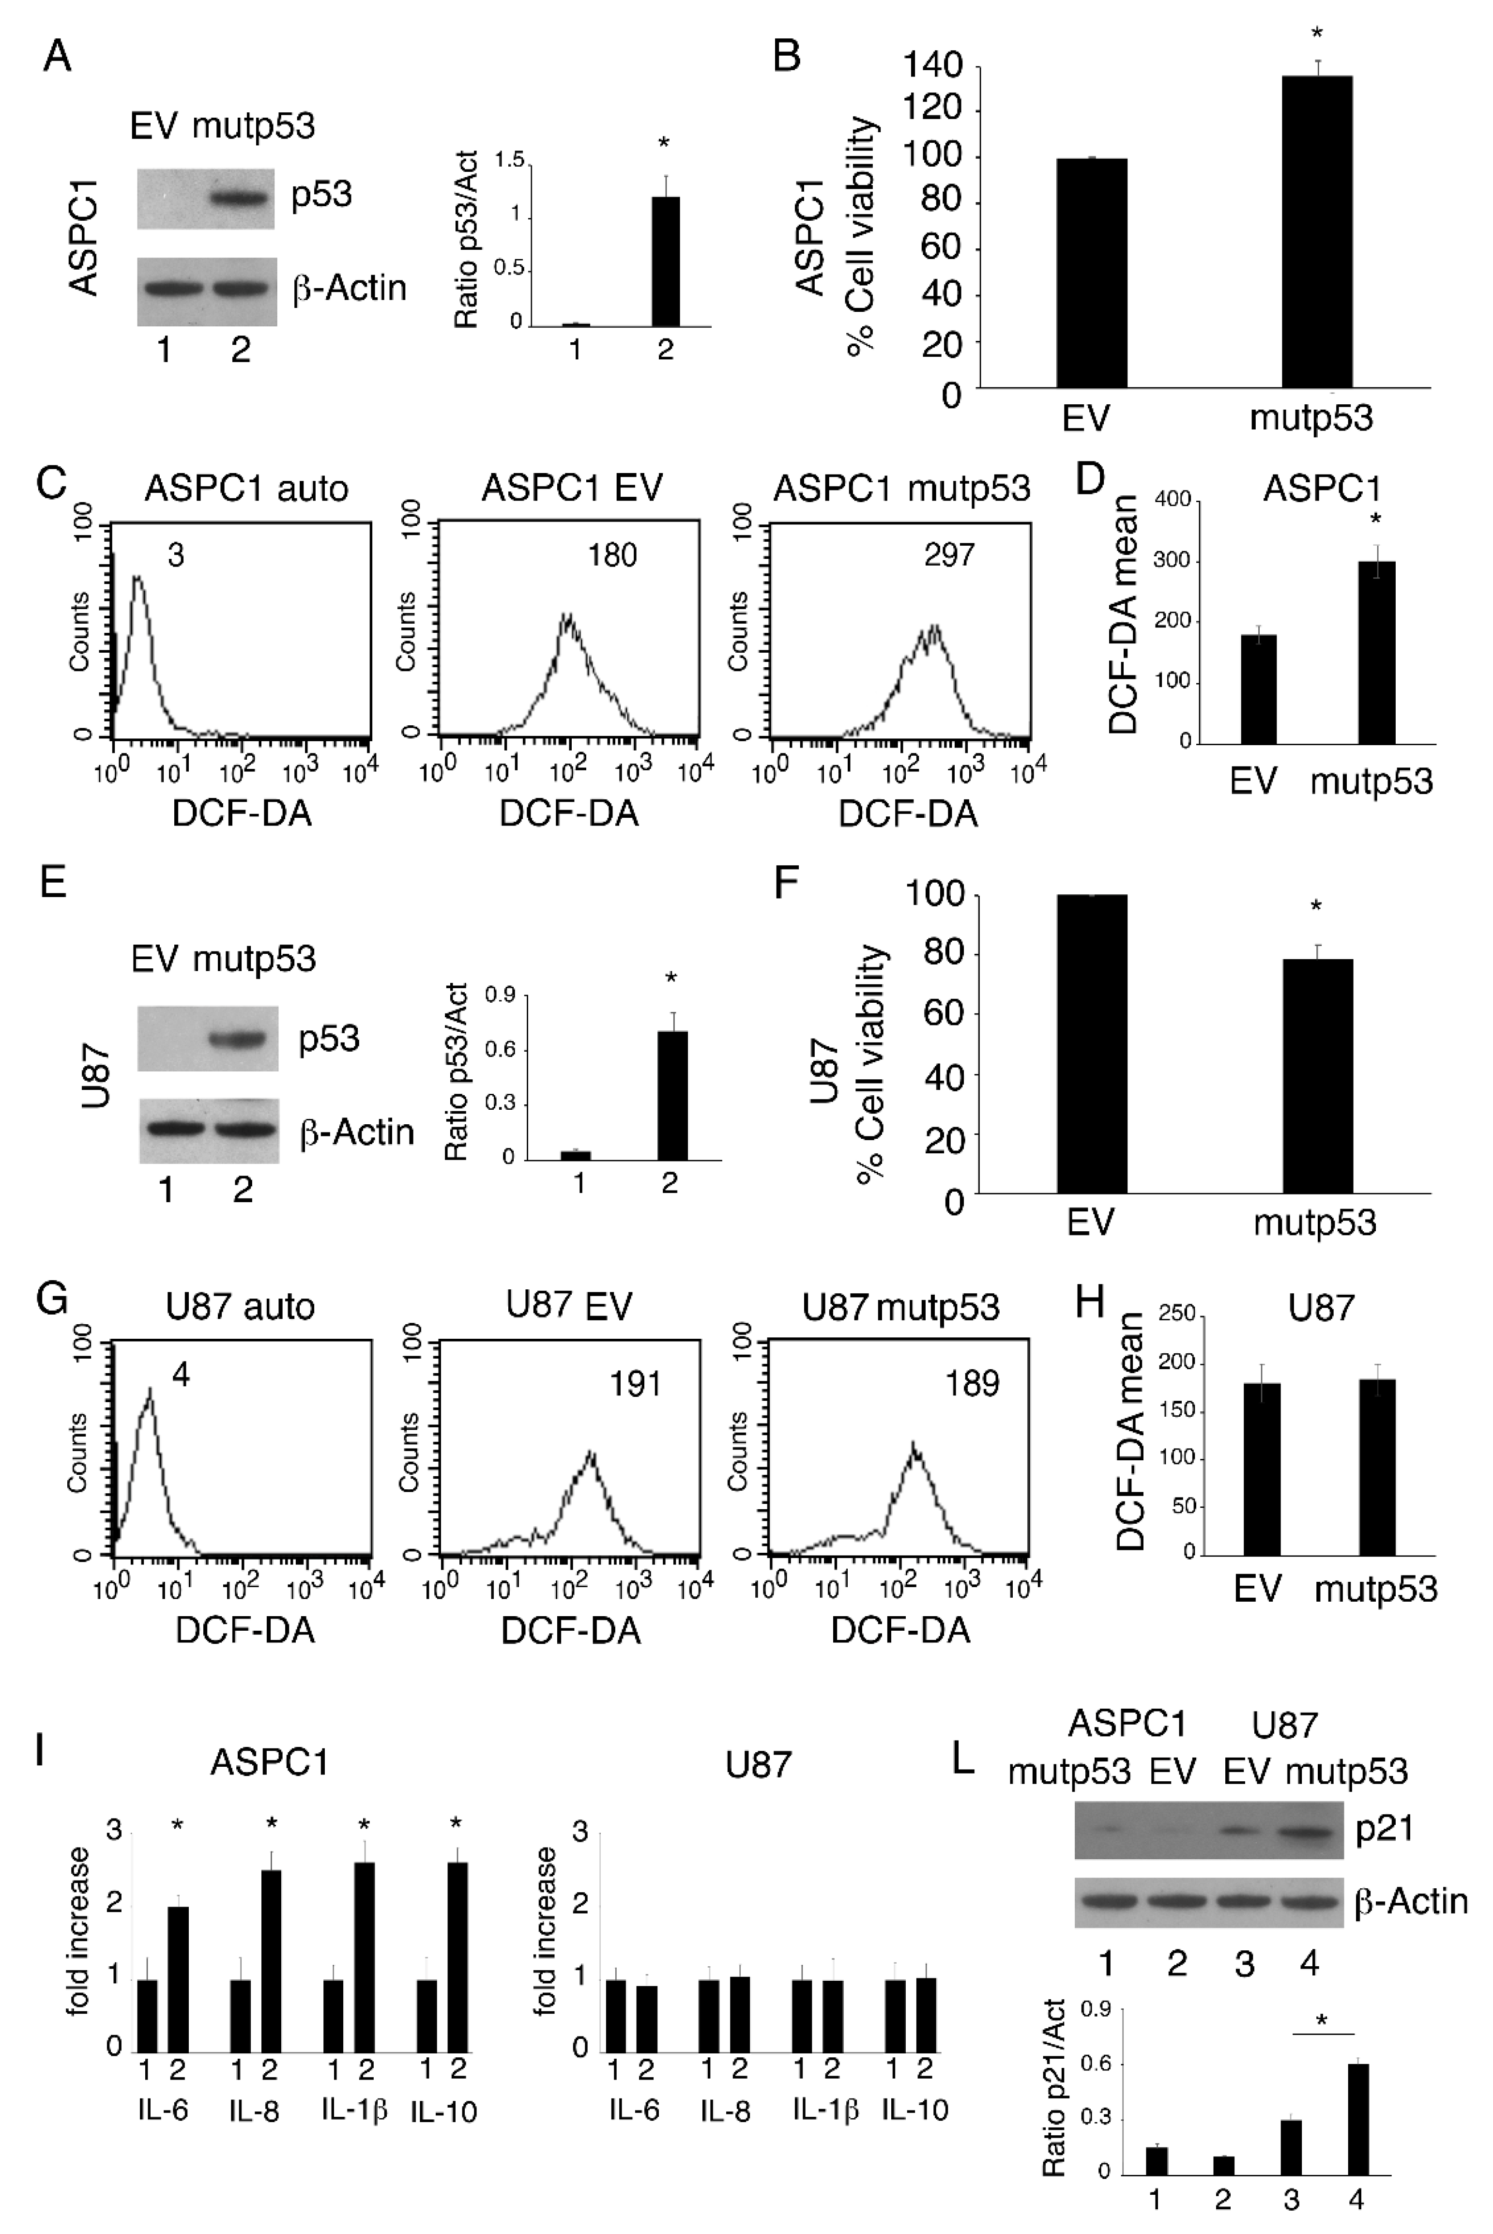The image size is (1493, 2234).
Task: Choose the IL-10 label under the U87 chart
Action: click(x=915, y=2111)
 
